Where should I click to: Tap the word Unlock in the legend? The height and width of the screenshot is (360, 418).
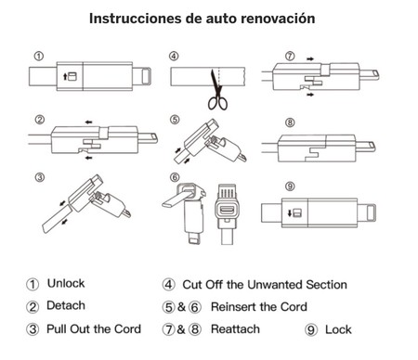tap(66, 283)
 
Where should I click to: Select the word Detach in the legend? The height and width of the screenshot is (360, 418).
tap(66, 305)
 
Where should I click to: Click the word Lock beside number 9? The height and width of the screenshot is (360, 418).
tap(338, 329)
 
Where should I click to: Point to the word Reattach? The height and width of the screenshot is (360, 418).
tap(235, 329)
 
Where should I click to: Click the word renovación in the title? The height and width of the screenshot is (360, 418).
tap(278, 19)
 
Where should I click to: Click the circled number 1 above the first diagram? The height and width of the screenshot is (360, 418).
tap(39, 57)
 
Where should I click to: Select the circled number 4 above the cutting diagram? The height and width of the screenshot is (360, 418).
tap(174, 57)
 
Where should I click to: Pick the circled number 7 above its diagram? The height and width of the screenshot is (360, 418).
tap(290, 57)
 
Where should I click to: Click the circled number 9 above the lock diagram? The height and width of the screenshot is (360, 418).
tap(290, 186)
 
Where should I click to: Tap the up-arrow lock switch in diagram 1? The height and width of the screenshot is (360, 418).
tap(70, 76)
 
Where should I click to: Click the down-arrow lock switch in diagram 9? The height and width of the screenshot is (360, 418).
tap(294, 212)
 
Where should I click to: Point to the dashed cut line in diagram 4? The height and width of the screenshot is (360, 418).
tap(219, 77)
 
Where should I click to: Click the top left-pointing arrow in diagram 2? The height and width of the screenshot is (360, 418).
tap(89, 122)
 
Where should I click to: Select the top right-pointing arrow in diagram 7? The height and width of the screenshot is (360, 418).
tap(310, 58)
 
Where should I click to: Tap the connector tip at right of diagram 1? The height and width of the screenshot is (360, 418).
tap(146, 76)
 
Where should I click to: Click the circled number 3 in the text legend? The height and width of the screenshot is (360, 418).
tap(33, 329)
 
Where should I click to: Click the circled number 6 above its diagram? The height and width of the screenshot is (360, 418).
tap(175, 177)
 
